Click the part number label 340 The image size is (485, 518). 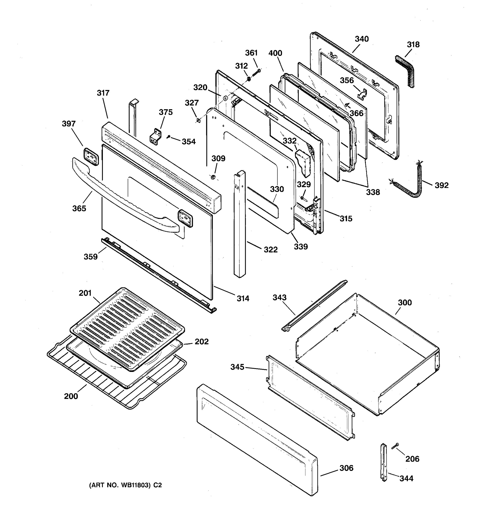(x=362, y=39)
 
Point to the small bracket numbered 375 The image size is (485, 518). (x=156, y=137)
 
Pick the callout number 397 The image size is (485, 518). (x=69, y=124)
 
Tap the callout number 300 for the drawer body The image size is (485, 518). (x=405, y=303)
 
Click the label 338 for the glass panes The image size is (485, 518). (x=373, y=192)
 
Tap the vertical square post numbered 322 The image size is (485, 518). (x=240, y=224)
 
